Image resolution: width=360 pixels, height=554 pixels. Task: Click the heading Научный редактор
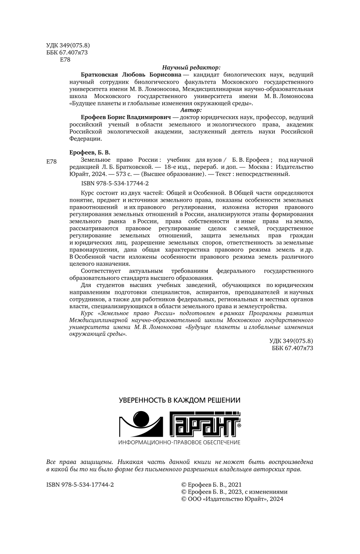pos(191,68)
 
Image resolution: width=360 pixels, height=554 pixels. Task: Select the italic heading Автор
pos(191,109)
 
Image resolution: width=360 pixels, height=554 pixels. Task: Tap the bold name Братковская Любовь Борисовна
pos(131,74)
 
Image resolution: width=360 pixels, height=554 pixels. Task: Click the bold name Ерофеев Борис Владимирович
pos(126,117)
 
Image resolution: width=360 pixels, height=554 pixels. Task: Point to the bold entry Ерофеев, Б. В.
pos(90,152)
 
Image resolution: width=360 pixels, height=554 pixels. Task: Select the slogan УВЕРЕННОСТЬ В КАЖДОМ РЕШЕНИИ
pos(180,400)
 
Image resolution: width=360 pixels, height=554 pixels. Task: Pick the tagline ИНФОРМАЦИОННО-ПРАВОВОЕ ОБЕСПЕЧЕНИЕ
pos(180,442)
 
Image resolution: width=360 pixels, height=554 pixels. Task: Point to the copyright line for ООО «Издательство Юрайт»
pos(232,499)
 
